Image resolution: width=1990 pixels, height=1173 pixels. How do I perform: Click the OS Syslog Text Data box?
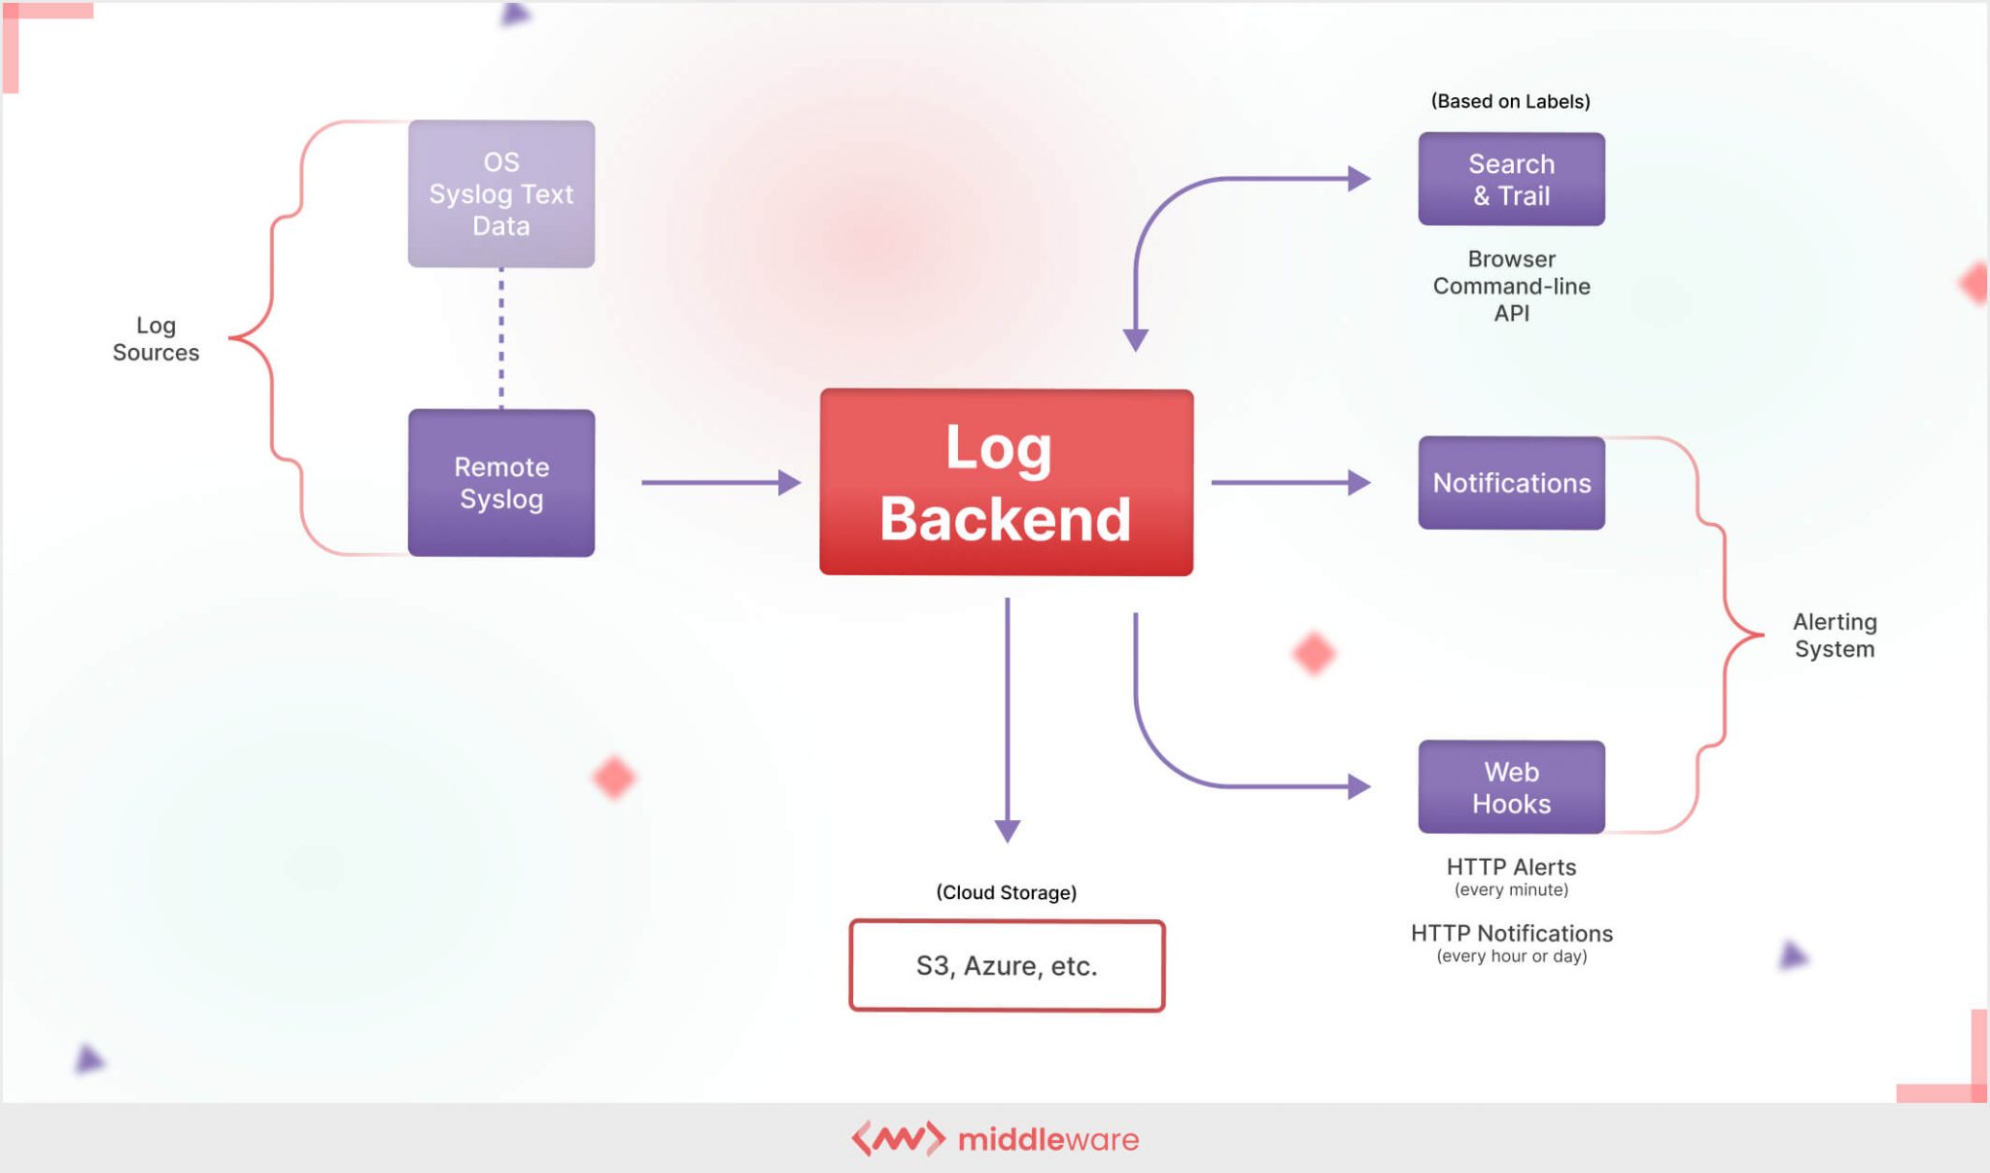[x=500, y=193]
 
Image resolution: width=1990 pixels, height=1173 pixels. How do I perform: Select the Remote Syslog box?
[x=500, y=482]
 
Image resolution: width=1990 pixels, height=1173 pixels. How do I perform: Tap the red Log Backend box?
[x=1006, y=482]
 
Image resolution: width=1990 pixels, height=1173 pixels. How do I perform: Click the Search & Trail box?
[x=1510, y=179]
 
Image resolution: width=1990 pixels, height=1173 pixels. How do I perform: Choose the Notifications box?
[x=1510, y=482]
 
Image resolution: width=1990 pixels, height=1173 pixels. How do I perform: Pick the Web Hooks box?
[x=1510, y=786]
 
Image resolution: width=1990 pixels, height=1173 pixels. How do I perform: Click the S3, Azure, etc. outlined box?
[x=1006, y=965]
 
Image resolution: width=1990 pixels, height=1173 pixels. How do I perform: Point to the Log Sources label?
[x=155, y=338]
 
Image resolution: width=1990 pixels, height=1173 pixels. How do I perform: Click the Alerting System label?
[x=1834, y=635]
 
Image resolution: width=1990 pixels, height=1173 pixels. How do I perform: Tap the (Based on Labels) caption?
[x=1510, y=101]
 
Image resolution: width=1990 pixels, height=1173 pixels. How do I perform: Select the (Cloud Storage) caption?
[x=1006, y=892]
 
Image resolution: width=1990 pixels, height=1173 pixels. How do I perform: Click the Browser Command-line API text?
[x=1510, y=286]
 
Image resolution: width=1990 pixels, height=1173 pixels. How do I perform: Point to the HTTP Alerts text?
[x=1510, y=866]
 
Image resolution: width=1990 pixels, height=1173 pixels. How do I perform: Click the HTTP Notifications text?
[x=1510, y=933]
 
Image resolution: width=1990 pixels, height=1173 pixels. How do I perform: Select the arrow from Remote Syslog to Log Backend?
[x=719, y=482]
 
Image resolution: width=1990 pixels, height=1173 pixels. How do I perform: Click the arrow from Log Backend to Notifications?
[x=1288, y=482]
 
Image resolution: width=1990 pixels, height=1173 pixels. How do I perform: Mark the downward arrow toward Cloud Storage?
[x=1007, y=719]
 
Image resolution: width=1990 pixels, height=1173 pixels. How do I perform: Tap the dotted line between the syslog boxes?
[x=500, y=337]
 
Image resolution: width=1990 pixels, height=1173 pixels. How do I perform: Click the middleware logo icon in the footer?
[x=898, y=1138]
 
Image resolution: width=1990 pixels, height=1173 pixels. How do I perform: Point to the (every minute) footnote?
[x=1510, y=890]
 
